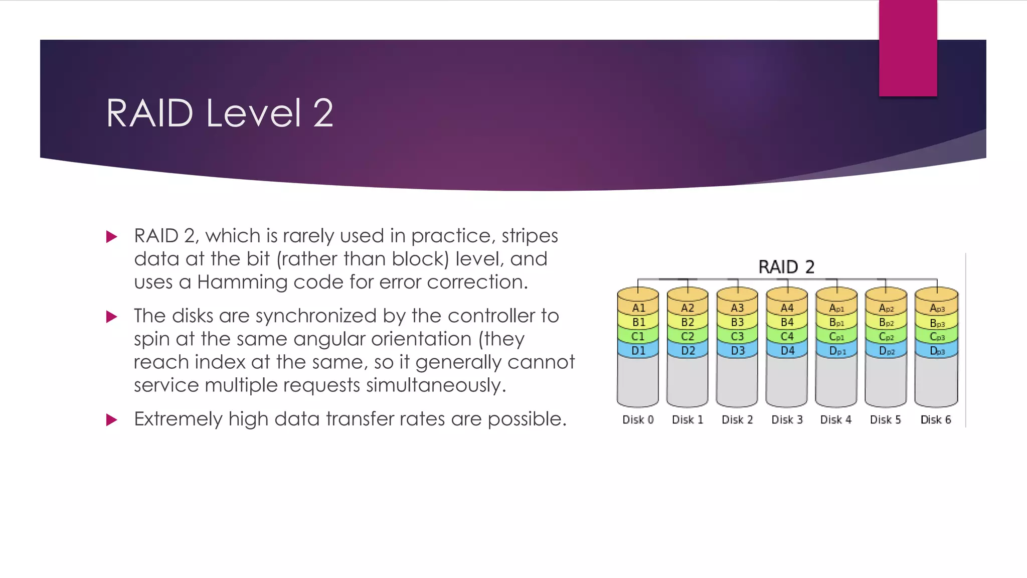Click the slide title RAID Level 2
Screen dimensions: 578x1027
pos(219,113)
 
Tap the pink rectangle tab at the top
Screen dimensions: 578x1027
pos(908,48)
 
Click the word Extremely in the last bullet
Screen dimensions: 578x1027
pos(178,419)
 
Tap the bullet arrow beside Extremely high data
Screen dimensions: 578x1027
pos(112,420)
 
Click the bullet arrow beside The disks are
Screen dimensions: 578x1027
pos(112,317)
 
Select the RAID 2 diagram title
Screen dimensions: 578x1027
pos(786,266)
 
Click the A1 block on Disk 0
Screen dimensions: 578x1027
pos(638,308)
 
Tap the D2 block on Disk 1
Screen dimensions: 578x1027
pos(688,350)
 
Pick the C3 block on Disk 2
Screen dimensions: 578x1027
pos(737,336)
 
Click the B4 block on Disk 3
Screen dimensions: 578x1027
pos(787,322)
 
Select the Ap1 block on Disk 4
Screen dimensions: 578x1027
pos(836,308)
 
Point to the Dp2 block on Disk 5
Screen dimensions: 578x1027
pos(886,351)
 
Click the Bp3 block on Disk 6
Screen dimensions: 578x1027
pos(936,323)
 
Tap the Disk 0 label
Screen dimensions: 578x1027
pos(638,419)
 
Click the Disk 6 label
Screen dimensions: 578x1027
pos(935,419)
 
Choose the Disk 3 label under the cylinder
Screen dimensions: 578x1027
pos(787,419)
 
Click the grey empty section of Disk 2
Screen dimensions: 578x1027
pos(737,381)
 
